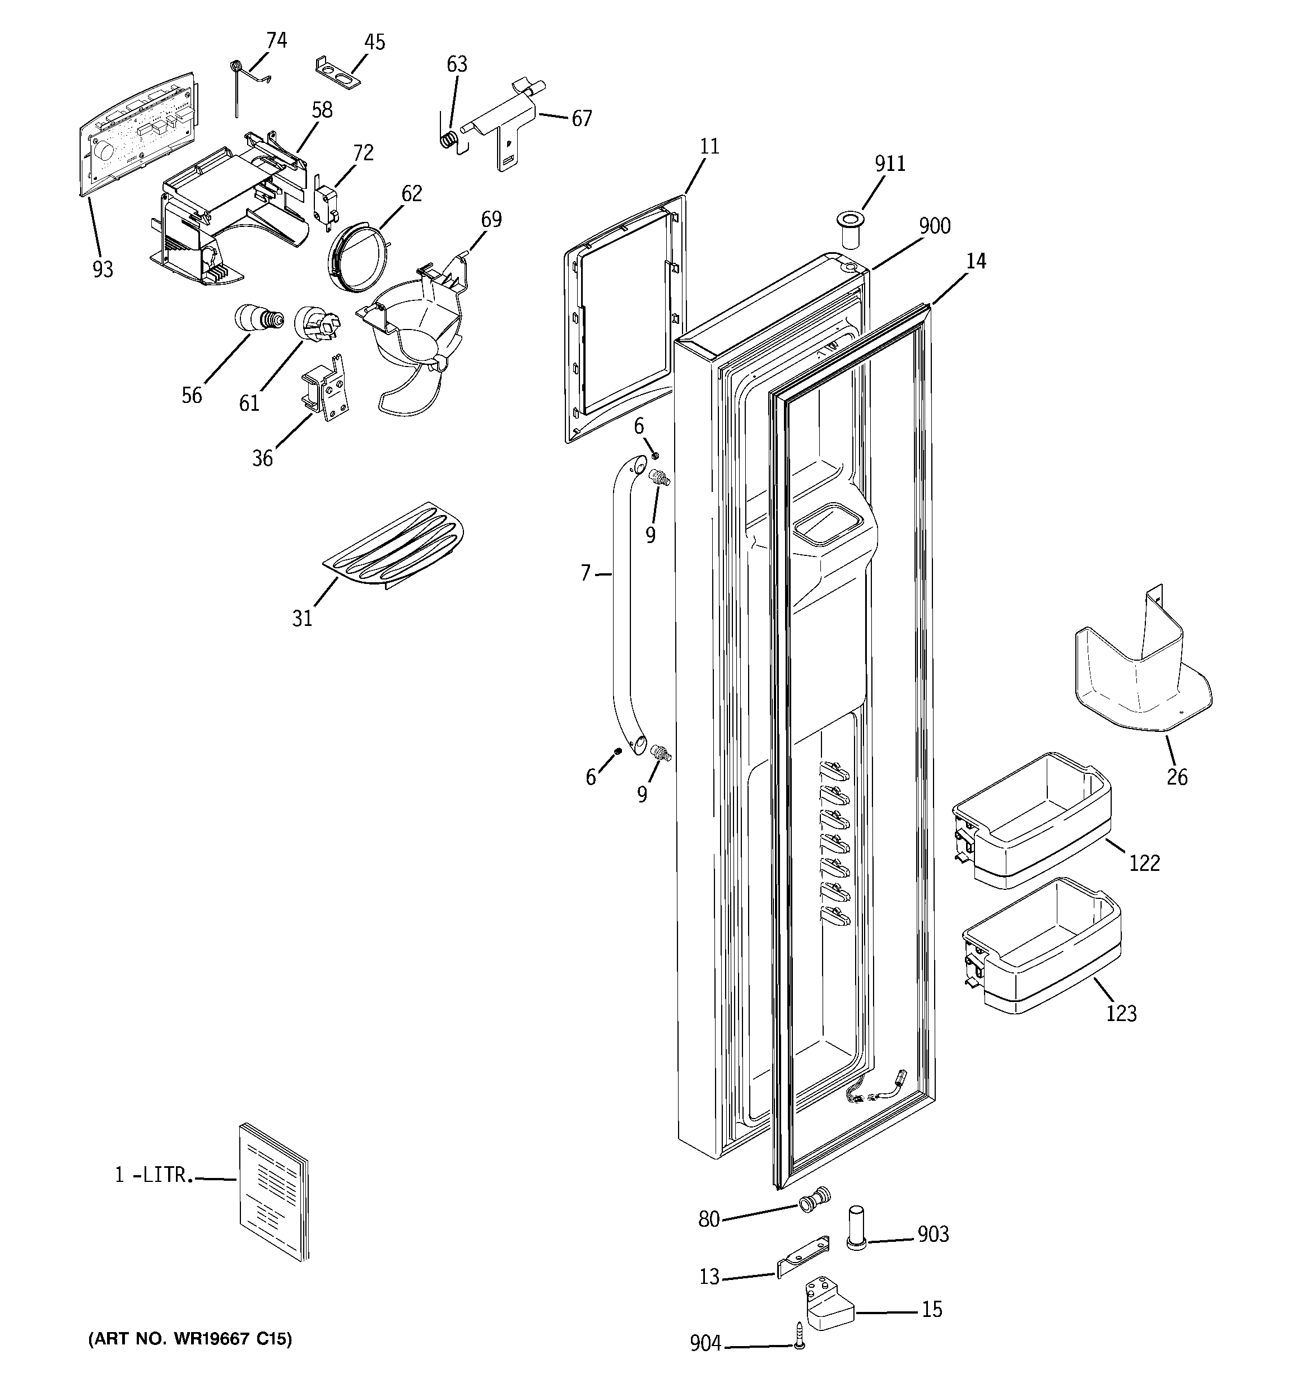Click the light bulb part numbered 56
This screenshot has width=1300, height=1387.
click(x=258, y=319)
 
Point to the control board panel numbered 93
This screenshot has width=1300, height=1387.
click(x=136, y=129)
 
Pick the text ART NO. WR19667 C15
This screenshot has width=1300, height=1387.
click(x=190, y=1338)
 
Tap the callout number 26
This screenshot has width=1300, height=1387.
click(x=1177, y=777)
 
